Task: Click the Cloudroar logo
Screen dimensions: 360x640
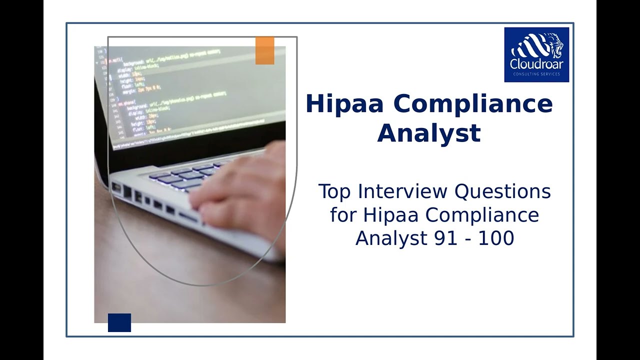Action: [x=536, y=54]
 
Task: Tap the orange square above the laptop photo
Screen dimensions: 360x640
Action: [x=264, y=50]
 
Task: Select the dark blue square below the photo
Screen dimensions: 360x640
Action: [x=119, y=322]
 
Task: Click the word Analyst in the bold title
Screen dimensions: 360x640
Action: [x=428, y=133]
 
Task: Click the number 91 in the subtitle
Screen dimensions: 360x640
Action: [x=445, y=238]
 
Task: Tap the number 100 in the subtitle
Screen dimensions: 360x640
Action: [x=496, y=238]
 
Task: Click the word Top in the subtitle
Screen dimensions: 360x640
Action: [x=334, y=191]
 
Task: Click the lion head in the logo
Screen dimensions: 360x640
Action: [x=552, y=48]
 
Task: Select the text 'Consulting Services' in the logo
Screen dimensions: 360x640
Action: [x=536, y=74]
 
